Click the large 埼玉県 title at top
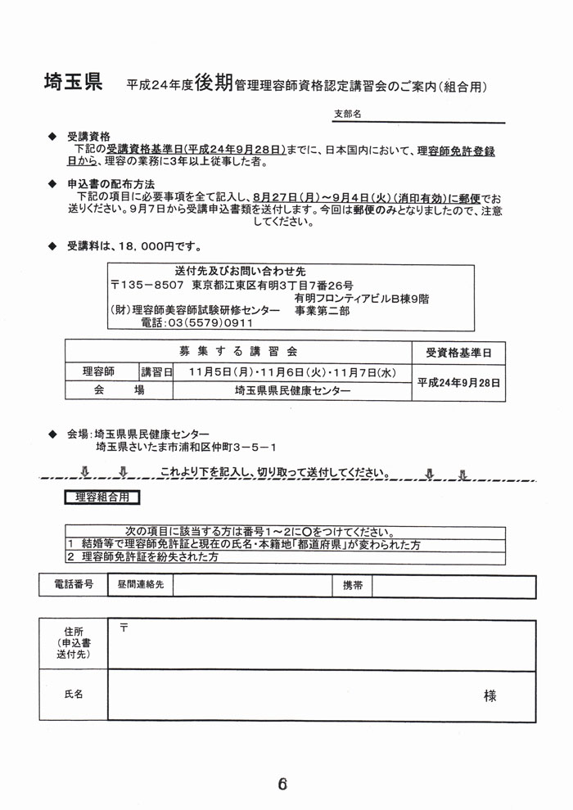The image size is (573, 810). pos(73,82)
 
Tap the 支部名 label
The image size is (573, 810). pos(348,115)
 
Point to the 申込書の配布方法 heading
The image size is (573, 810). pos(111,184)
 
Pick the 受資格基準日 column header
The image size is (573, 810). pos(458,353)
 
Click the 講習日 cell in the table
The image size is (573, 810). pos(156,372)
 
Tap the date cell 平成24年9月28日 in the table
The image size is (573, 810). pos(458,382)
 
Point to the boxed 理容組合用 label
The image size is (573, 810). pos(102,497)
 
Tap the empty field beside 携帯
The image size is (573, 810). pos(453,586)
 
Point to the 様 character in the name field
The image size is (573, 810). pos(490,696)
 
